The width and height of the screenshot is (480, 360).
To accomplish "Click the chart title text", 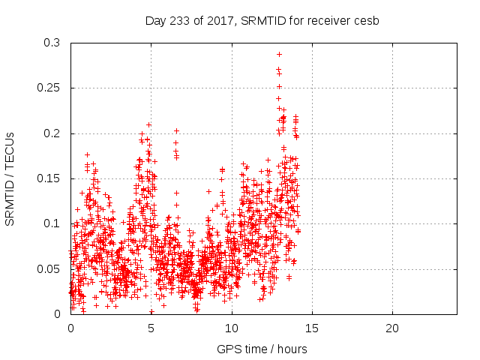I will click(262, 20).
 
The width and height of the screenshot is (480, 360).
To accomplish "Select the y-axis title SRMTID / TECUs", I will click(10, 178).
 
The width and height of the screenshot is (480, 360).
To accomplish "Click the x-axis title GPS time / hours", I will click(262, 349).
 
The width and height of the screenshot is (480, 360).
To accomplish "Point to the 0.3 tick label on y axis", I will click(52, 43).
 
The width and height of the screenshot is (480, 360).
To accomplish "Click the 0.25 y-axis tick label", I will click(49, 88).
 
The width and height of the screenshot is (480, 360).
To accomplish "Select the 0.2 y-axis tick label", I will click(52, 133).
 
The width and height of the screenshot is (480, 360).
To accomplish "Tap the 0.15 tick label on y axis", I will click(49, 178).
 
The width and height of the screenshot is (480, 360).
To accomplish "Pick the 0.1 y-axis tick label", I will click(52, 223).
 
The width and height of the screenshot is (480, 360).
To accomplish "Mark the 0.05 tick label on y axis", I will click(49, 268).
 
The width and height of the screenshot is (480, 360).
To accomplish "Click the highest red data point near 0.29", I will click(279, 54).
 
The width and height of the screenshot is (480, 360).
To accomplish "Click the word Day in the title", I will click(155, 20).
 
